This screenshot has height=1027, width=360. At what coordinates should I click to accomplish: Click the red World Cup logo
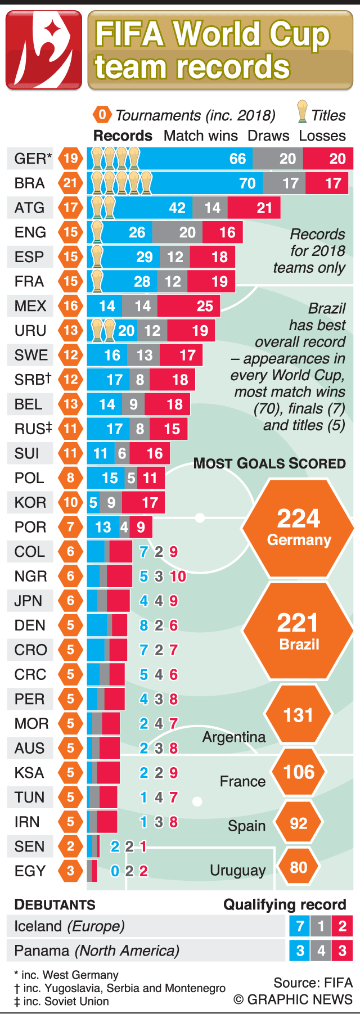[x=43, y=51]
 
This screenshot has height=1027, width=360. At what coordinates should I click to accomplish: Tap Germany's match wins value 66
[x=237, y=159]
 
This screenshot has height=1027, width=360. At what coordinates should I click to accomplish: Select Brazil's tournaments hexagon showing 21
[x=70, y=183]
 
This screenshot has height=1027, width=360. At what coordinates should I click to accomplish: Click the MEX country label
[x=30, y=306]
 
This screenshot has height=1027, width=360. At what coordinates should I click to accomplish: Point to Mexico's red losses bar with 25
[x=188, y=306]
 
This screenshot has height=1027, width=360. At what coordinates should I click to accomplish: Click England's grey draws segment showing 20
[x=178, y=232]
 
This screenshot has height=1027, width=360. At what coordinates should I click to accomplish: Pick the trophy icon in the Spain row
[x=97, y=256]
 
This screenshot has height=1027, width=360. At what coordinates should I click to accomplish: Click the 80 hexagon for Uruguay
[x=298, y=867]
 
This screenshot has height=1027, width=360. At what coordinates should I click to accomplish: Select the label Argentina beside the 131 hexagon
[x=234, y=737]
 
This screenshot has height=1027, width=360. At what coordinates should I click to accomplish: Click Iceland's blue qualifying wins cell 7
[x=300, y=926]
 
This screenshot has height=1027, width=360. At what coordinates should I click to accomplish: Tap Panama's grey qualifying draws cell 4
[x=321, y=951]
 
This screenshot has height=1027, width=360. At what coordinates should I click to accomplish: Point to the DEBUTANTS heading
[x=55, y=904]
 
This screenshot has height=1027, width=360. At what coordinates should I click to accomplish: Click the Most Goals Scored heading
[x=269, y=463]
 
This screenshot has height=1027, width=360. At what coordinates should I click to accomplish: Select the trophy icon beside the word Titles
[x=303, y=112]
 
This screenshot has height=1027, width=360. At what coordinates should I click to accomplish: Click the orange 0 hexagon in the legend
[x=102, y=115]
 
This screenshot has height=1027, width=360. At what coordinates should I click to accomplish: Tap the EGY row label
[x=30, y=871]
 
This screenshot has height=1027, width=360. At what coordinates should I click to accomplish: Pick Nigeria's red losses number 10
[x=178, y=576]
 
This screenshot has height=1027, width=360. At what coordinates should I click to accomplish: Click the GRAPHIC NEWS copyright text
[x=293, y=999]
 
